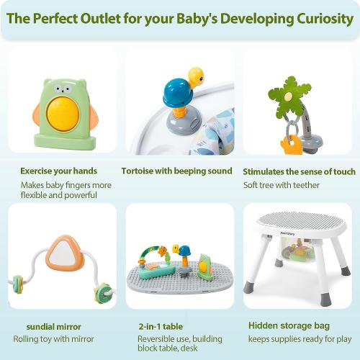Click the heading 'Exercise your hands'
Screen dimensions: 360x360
[x=58, y=171]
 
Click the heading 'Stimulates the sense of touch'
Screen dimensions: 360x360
[x=299, y=172]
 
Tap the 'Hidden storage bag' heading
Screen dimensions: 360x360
[x=285, y=325]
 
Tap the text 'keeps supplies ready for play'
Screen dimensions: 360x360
[x=299, y=338]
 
